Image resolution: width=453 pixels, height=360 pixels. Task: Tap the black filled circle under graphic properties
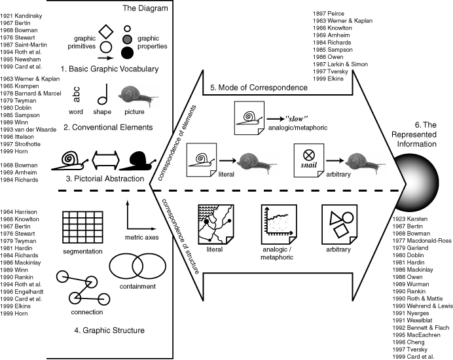[128, 52]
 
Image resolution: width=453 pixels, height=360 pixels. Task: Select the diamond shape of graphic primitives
[103, 31]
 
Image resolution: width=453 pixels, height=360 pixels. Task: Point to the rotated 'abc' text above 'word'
[77, 97]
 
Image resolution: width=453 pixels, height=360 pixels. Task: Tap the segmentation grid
[82, 226]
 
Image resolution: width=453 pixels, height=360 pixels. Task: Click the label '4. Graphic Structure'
[102, 330]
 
